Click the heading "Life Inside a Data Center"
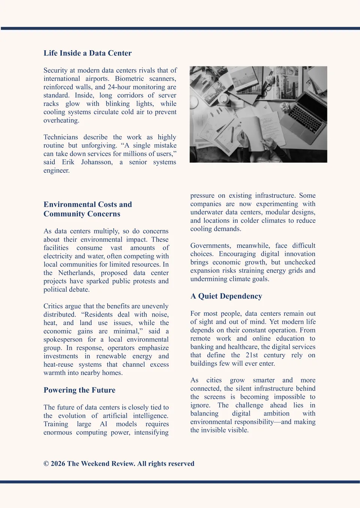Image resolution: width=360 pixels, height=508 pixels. tap(87, 53)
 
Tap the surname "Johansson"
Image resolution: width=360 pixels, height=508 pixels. tap(97, 162)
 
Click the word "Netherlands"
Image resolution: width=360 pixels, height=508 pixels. tap(76, 273)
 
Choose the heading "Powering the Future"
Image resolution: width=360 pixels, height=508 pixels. tap(79, 390)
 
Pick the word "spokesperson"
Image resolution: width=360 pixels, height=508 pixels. tap(63, 340)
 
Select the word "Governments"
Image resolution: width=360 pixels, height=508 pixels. tap(210, 246)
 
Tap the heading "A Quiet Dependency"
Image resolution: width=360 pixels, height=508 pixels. tap(226, 296)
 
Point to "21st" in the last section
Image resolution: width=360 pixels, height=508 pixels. tap(252, 355)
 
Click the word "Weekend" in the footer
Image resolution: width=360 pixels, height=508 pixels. tap(97, 464)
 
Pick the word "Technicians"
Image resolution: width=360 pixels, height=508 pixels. tap(61, 137)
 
